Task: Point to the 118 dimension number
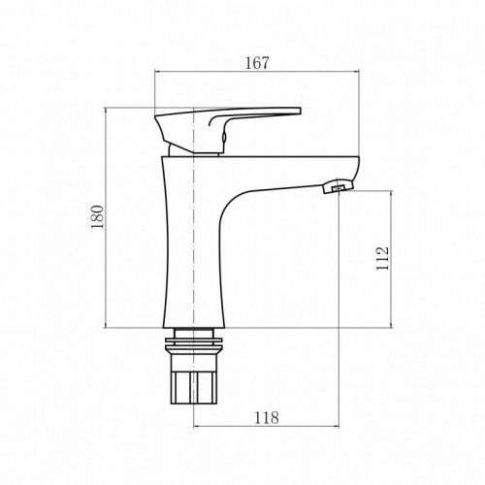click(266, 418)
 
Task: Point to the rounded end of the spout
click(354, 170)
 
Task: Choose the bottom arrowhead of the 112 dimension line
click(391, 327)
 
